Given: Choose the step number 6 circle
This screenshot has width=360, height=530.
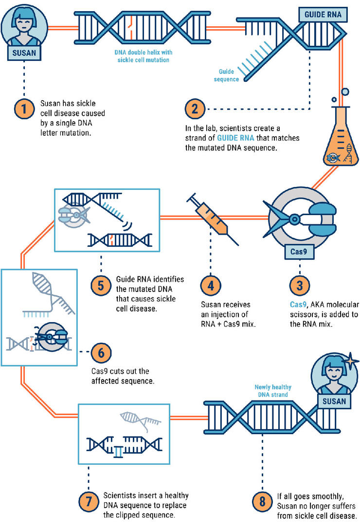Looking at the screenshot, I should click(101, 352).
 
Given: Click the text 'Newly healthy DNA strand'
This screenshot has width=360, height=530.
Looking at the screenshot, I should click(273, 391).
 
